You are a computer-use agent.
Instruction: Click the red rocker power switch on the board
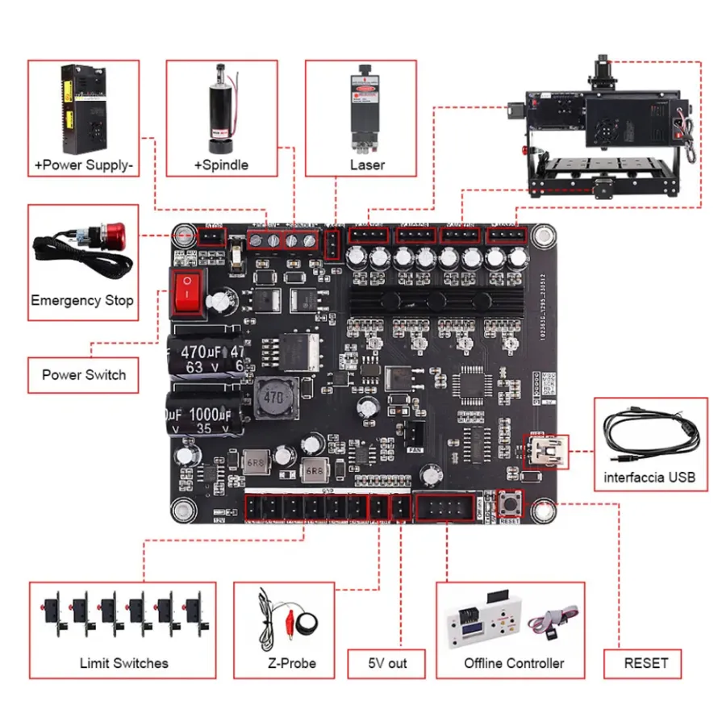[x=187, y=292]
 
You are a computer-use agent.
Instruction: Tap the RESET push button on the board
[x=510, y=504]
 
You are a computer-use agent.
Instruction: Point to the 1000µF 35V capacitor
[x=202, y=415]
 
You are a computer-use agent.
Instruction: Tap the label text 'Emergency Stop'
[x=82, y=301]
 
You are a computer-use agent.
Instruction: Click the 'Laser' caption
[x=367, y=165]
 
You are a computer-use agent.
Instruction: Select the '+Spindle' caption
[x=221, y=165]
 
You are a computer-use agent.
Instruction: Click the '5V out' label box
[x=387, y=663]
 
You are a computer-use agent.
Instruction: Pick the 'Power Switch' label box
[x=84, y=374]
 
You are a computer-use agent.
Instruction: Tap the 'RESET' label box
[x=646, y=663]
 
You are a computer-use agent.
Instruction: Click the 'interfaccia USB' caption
[x=649, y=477]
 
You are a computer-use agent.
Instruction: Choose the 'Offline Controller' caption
[x=514, y=663]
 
